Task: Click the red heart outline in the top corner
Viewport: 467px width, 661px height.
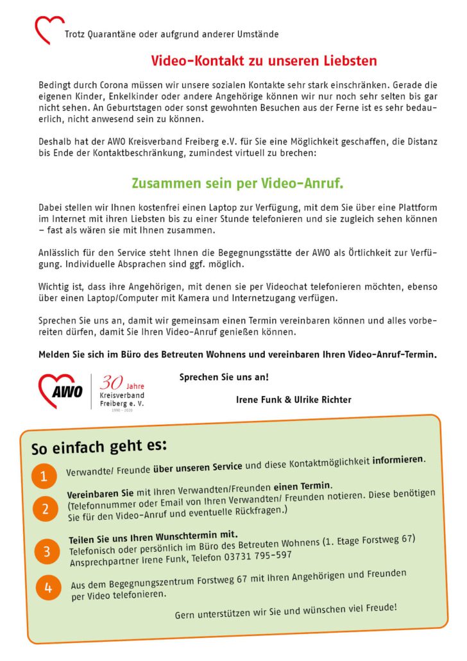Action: (x=49, y=30)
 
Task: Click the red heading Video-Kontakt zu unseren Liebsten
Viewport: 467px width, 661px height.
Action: (x=264, y=62)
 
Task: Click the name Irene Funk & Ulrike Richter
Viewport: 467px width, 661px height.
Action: (x=294, y=400)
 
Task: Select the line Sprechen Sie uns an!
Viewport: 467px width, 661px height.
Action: (x=224, y=377)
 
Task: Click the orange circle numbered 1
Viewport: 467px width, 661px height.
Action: (x=44, y=476)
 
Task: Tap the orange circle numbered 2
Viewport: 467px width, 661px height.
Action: (x=46, y=510)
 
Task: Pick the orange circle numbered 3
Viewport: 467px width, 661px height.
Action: (x=47, y=551)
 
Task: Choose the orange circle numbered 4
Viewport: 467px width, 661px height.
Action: (x=47, y=587)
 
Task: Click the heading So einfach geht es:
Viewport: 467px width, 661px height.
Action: (x=99, y=445)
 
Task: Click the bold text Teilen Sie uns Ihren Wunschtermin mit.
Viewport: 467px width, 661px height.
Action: (x=153, y=535)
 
